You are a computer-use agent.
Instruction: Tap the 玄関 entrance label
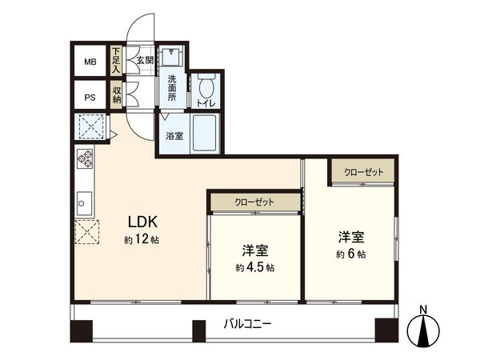(x=144, y=60)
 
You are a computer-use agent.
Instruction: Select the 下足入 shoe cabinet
(x=116, y=61)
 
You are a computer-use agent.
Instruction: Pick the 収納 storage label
(x=117, y=94)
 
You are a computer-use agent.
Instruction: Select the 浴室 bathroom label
(x=174, y=136)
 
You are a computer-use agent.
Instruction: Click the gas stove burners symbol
(x=85, y=158)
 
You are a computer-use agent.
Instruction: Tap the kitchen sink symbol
(x=84, y=202)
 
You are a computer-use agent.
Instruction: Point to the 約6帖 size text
(x=350, y=254)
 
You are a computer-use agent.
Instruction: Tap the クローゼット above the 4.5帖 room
(x=254, y=202)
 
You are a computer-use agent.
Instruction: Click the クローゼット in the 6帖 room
(x=363, y=173)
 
